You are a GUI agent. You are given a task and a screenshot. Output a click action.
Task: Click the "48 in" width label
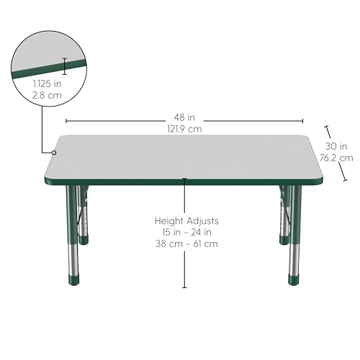coord(184,117)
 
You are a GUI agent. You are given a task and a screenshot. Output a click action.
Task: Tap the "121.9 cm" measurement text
coord(184,129)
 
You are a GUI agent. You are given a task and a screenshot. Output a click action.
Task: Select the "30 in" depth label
coord(336,146)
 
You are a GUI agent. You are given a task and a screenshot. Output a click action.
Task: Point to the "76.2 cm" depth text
coord(336,158)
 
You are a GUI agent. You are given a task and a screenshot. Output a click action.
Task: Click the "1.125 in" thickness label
coord(47,84)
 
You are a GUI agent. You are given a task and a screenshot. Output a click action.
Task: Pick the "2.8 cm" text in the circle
coord(47,95)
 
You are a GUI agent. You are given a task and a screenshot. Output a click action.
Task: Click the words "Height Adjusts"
coord(186,221)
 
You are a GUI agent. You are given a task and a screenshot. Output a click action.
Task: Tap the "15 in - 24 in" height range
coord(186,233)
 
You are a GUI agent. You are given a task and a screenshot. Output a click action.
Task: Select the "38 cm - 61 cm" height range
coord(186,244)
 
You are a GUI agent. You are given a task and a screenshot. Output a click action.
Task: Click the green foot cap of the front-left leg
coord(73,280)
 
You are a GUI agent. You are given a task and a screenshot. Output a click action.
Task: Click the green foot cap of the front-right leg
coord(294,280)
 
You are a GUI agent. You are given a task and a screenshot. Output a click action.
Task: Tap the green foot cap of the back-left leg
coord(84,240)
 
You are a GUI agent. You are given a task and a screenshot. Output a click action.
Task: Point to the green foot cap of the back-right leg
coord(284,240)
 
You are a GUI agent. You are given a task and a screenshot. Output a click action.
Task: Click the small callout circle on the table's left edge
coord(54,153)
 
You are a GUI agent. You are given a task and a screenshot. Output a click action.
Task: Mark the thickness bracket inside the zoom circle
coord(64,66)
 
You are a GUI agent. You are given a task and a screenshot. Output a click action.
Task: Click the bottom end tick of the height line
coord(184,287)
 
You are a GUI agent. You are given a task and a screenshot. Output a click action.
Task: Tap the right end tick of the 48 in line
coord(302,121)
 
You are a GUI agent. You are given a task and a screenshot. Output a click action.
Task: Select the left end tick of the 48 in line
coord(66,121)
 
